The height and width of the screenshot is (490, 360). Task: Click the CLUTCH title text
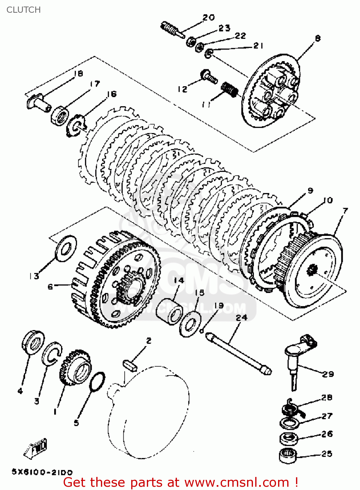pyautogui.click(x=23, y=10)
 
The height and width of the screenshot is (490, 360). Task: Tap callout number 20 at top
pyautogui.click(x=209, y=17)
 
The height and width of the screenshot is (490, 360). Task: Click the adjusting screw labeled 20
pyautogui.click(x=170, y=29)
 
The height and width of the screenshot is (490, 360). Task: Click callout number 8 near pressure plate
pyautogui.click(x=318, y=39)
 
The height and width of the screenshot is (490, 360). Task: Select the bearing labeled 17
pyautogui.click(x=59, y=115)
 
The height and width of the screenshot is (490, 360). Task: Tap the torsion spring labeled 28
pyautogui.click(x=291, y=407)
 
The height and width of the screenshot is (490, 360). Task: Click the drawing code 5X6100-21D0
pyautogui.click(x=42, y=472)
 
